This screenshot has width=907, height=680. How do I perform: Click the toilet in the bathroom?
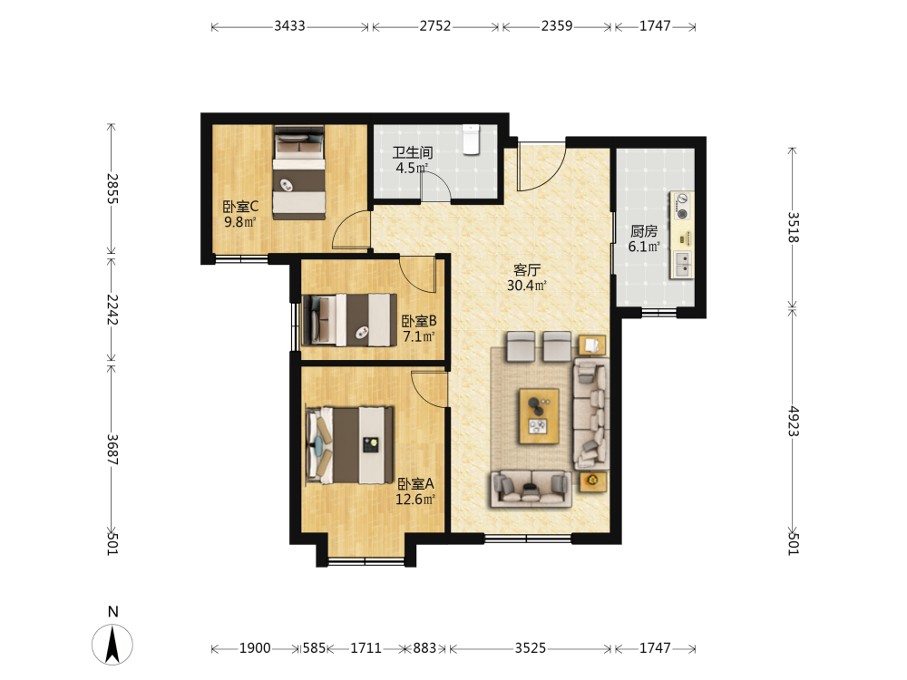[472, 140]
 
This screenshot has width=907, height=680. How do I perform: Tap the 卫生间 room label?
[413, 152]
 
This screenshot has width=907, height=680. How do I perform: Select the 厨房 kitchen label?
[644, 231]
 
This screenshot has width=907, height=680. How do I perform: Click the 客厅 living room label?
[527, 270]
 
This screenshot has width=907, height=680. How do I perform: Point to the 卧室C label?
[240, 207]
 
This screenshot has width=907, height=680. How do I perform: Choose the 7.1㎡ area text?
[418, 336]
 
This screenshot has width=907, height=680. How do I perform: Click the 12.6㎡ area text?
[414, 499]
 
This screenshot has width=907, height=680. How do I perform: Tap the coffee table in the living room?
[539, 416]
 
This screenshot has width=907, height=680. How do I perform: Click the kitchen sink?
[683, 264]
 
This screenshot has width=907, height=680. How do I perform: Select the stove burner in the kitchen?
[683, 206]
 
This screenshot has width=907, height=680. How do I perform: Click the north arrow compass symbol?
[112, 644]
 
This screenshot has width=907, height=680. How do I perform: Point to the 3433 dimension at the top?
[289, 26]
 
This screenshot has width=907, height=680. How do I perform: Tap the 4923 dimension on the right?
[793, 421]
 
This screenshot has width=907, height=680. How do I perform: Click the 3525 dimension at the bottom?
[530, 648]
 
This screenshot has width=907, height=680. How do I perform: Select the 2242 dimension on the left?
[112, 309]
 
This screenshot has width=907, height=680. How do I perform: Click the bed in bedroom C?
[298, 172]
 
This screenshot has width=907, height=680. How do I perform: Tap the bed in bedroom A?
[350, 444]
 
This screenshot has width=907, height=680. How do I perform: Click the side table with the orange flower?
[593, 481]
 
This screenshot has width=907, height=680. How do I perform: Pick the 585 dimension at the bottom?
[314, 648]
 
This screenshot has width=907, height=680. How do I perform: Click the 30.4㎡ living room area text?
[527, 285]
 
